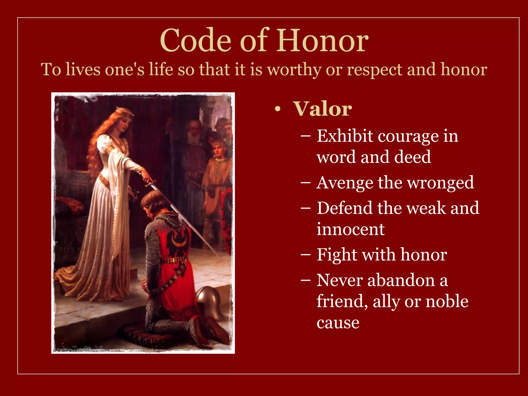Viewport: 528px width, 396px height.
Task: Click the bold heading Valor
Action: pyautogui.click(x=322, y=109)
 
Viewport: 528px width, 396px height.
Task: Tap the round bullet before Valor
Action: pyautogui.click(x=277, y=110)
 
